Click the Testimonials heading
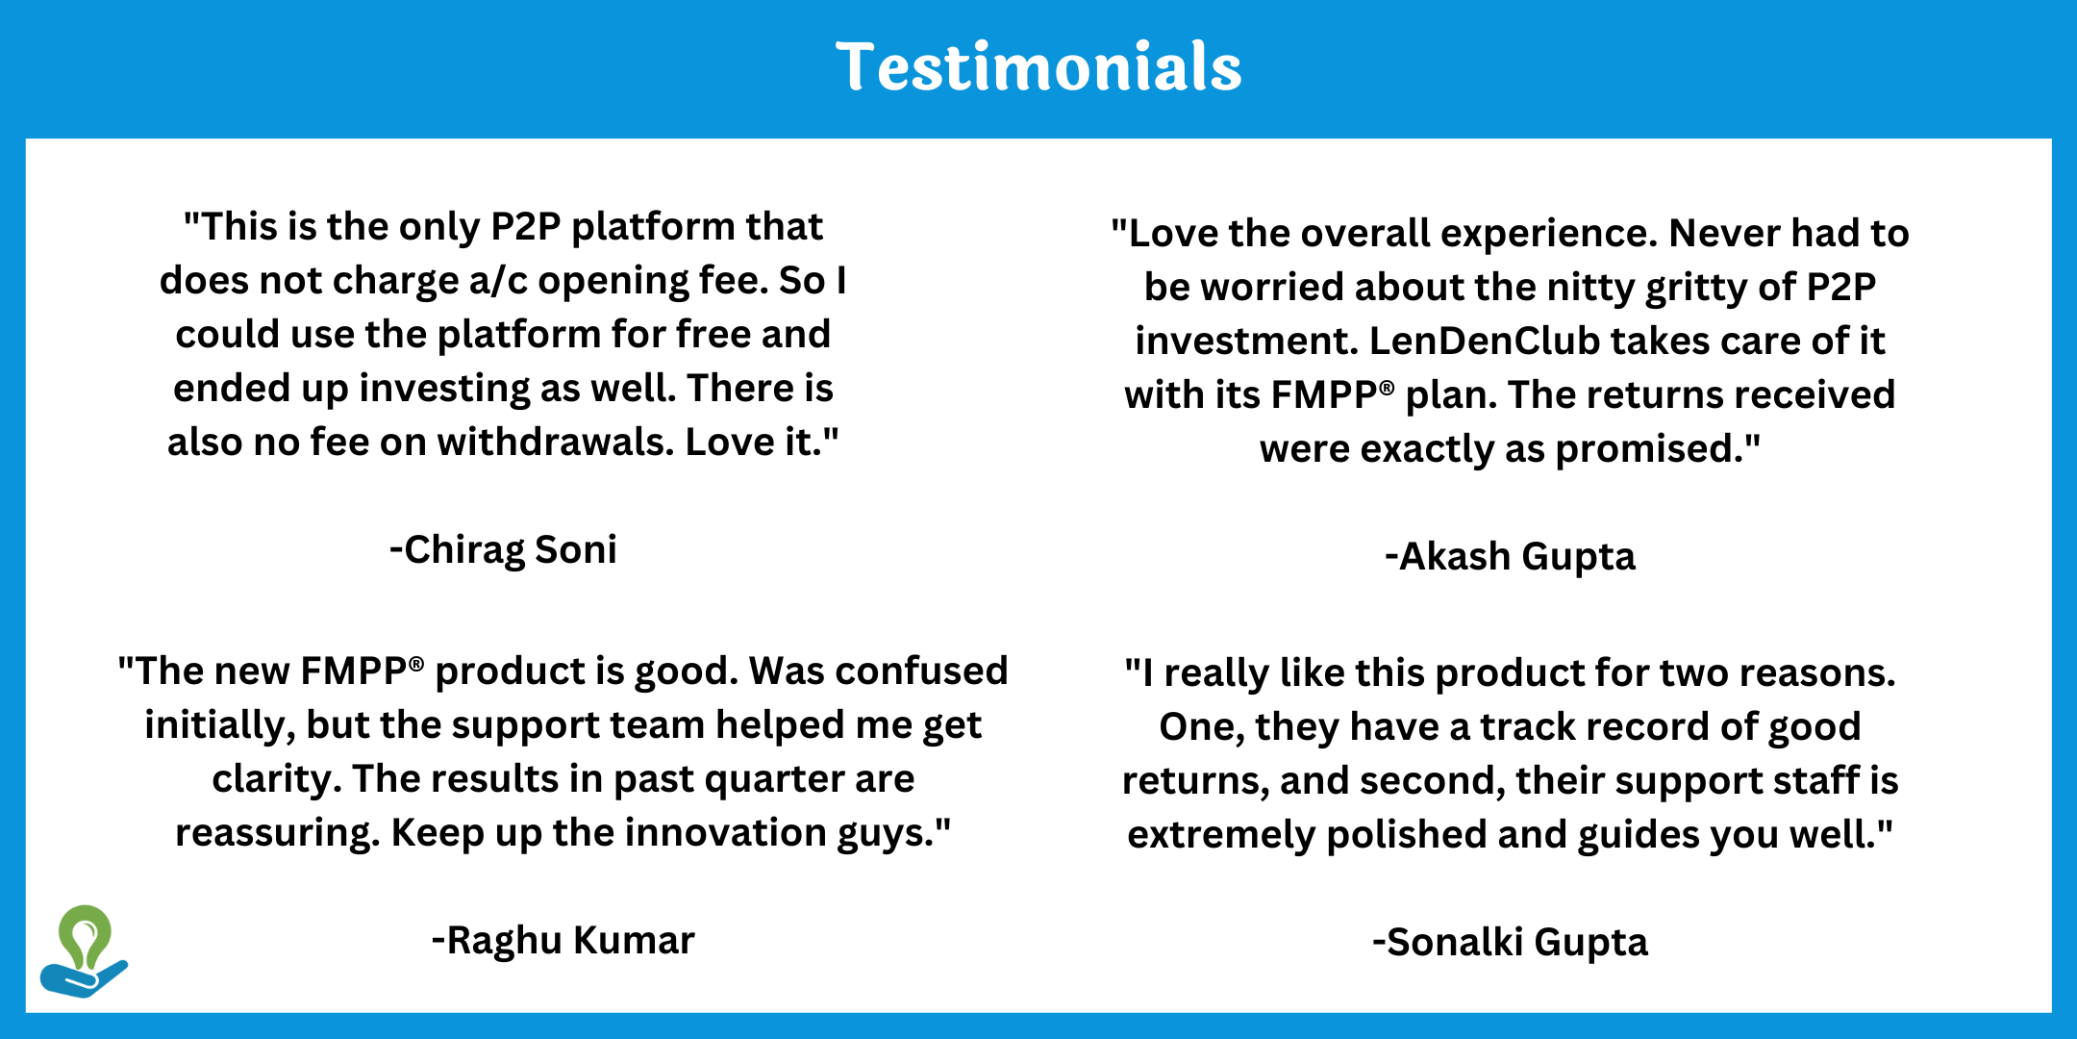(x=1038, y=66)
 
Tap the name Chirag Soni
(x=503, y=549)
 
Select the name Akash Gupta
(x=1510, y=556)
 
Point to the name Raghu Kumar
(x=563, y=940)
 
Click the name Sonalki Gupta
(x=1510, y=942)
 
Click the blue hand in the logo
(x=84, y=978)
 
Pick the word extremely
(x=1220, y=835)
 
